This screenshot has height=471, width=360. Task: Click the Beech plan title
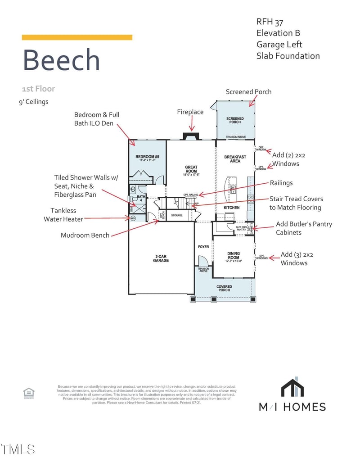pos(61,60)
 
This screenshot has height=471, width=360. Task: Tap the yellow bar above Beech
pos(77,37)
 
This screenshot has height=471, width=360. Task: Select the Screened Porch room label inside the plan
pos(235,120)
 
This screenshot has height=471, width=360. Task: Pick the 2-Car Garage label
pos(161,258)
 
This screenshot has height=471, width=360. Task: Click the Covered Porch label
pos(224,288)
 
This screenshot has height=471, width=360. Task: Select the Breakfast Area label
pos(235,159)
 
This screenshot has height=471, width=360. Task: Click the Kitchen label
pos(232,208)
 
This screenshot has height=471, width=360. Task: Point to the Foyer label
pos(203,247)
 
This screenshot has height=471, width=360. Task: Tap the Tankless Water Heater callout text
pos(63,215)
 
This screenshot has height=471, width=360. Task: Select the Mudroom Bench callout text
pos(85,235)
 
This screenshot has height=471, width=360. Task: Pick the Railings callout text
pos(281,183)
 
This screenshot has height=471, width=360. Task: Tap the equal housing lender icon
pos(29,393)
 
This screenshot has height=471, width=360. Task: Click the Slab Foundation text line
pos(288,56)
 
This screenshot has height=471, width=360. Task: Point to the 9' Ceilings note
pos(33,102)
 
